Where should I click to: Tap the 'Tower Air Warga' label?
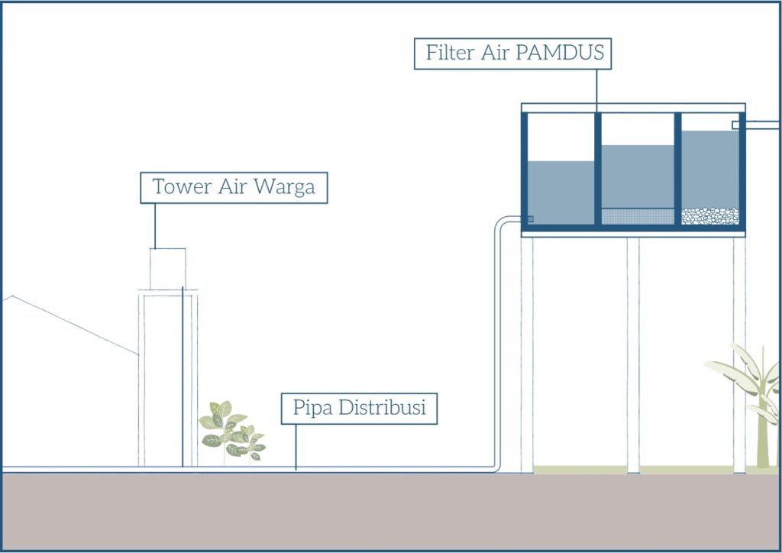[234, 187]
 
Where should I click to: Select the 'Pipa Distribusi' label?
[359, 409]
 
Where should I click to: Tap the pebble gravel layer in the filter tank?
[709, 216]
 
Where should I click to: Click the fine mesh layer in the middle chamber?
[638, 217]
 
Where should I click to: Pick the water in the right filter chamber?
[709, 168]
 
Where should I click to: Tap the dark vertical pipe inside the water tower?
[183, 374]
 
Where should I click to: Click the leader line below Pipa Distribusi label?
[296, 448]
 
